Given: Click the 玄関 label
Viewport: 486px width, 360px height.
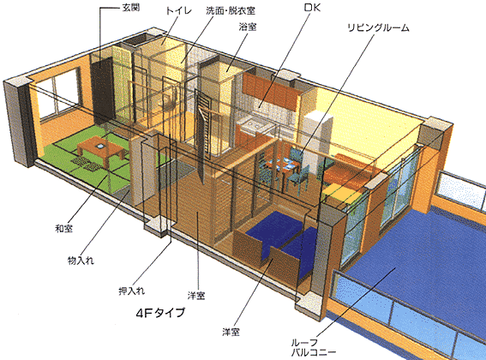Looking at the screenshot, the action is [x=131, y=8].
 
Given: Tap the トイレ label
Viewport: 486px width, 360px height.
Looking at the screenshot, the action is [x=179, y=11].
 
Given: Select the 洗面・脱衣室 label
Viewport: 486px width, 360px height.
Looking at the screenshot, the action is [x=231, y=11].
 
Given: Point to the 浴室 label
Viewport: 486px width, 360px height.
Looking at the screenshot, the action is [x=248, y=27].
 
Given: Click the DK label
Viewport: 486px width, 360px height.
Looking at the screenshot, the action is [x=312, y=8].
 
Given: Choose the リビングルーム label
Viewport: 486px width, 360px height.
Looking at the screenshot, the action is [x=378, y=27].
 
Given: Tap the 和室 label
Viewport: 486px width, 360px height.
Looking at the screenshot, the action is [x=63, y=229].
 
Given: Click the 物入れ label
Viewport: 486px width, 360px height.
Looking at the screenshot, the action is [x=81, y=261].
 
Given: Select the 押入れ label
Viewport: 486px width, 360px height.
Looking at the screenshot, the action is [x=132, y=291].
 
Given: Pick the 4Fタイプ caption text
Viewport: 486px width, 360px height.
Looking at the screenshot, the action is [x=160, y=312].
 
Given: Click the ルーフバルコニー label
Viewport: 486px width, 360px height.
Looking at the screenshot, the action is [x=314, y=348].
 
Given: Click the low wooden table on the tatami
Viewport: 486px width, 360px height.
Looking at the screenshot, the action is [x=101, y=149].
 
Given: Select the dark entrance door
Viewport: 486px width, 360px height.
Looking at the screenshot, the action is [x=103, y=91].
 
